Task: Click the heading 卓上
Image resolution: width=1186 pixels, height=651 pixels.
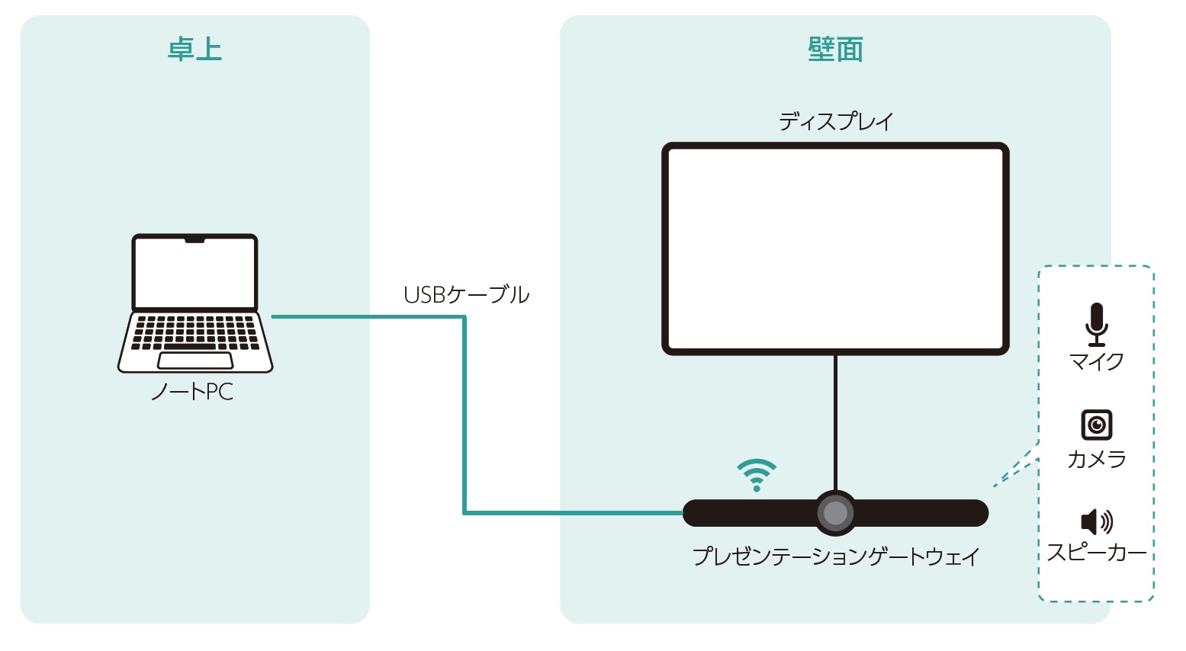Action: (194, 50)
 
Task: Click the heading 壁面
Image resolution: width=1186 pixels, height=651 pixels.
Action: (835, 50)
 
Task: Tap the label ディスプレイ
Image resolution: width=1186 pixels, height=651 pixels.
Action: (835, 121)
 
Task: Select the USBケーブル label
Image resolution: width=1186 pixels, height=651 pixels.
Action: (466, 295)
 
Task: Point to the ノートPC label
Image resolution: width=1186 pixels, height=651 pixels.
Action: (192, 392)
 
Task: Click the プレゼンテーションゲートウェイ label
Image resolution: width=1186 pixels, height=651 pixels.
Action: (835, 556)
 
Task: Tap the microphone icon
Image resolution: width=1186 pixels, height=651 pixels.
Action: (1097, 323)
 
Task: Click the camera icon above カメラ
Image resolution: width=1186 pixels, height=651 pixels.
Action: (1097, 425)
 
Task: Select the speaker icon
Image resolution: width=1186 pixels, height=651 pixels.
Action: (1097, 521)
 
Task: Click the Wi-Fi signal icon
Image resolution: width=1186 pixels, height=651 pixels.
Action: (756, 475)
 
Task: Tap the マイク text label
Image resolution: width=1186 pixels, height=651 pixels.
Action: (1097, 361)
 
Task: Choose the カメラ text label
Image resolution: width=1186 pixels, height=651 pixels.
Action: (1097, 459)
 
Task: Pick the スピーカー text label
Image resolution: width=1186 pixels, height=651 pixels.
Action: (1097, 553)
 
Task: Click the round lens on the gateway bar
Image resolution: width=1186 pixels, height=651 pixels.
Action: (835, 513)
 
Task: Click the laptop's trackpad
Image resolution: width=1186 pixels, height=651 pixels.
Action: (194, 360)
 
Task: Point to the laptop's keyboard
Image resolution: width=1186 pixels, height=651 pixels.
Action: (194, 332)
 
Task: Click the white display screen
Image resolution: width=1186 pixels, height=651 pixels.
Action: (835, 248)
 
